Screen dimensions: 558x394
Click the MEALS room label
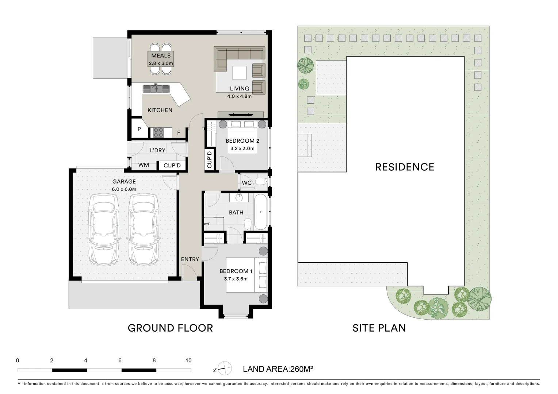coord(161,55)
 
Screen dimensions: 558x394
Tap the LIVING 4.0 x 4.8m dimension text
coord(240,96)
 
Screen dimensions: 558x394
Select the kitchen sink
coord(156,88)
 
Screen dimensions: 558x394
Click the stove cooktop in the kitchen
coord(158,132)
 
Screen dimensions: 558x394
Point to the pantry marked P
coord(139,129)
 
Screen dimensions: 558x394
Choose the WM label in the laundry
coord(144,165)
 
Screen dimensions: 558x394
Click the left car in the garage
coord(104,229)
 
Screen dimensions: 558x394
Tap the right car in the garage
coord(144,229)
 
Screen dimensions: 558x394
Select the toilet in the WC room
coord(262,181)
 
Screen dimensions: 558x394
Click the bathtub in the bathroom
coord(261,212)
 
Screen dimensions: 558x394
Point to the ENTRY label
coord(190,259)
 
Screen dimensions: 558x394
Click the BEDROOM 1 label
coord(236,271)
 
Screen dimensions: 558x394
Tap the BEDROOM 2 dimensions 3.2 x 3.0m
coord(242,148)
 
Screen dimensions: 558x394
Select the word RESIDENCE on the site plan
coord(405,167)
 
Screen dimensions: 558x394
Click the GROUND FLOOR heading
coord(171,328)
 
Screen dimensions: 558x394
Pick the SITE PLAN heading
coord(379,328)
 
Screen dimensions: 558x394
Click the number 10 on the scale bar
coord(188,360)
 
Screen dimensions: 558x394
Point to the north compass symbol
coord(224,368)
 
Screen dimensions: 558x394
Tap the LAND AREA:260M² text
coord(278,369)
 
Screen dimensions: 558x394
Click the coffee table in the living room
coord(240,73)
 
